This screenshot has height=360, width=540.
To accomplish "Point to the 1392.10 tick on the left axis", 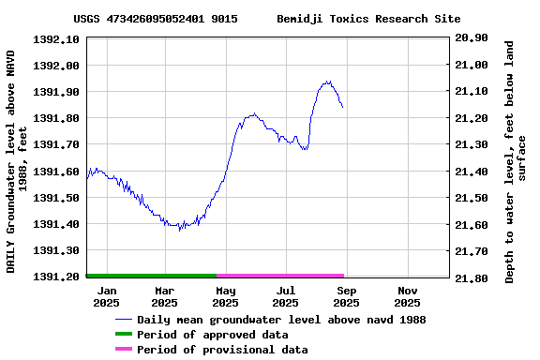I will coord(57,39).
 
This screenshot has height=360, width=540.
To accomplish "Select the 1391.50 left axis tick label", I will coord(57,198).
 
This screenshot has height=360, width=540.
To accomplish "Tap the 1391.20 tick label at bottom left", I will coord(57,277).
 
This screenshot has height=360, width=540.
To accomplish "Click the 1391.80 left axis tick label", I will coord(57,118).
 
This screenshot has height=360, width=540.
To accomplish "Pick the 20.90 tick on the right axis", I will coord(471,38).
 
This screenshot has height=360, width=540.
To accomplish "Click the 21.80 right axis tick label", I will coord(471,278).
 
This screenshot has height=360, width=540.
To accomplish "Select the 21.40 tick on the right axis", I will coord(471,172).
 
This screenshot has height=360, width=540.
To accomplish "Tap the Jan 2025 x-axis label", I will coord(106,296).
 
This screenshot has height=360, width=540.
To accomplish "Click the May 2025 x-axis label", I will coord(225,296).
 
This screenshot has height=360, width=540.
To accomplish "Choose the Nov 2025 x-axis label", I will coord(407,296).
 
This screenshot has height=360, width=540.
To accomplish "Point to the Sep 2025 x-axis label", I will coord(346,296).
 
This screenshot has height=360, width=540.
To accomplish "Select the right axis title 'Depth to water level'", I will coord(516,161).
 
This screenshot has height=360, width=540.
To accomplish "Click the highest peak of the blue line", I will coord(327,82).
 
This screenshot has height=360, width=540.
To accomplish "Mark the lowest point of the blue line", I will coord(179,230).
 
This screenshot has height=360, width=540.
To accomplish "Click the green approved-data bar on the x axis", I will coord(151,276).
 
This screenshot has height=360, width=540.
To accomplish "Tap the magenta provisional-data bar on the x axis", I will coord(280,276).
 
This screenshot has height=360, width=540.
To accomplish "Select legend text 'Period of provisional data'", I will coord(222,350).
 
